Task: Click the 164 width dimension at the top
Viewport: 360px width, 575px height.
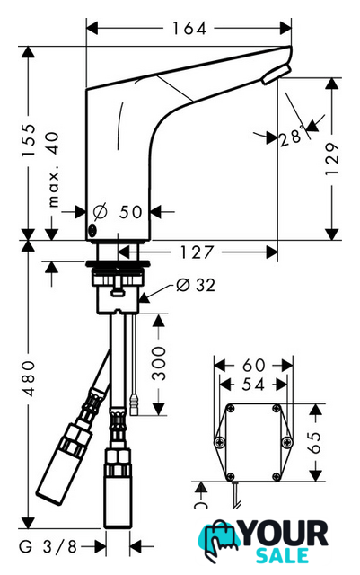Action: coord(189,29)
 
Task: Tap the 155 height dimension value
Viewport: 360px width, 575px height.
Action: coord(28,141)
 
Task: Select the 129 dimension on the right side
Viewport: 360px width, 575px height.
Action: coord(332,159)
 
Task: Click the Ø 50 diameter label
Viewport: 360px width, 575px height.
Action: coord(118,212)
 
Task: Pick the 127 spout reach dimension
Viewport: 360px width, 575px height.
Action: coord(197,252)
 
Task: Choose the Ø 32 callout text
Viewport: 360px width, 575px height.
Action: coord(196,285)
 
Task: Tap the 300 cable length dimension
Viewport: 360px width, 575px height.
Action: coord(159,363)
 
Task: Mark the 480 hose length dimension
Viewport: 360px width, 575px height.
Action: coord(28,378)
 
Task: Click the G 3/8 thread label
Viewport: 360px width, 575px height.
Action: coord(48,547)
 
